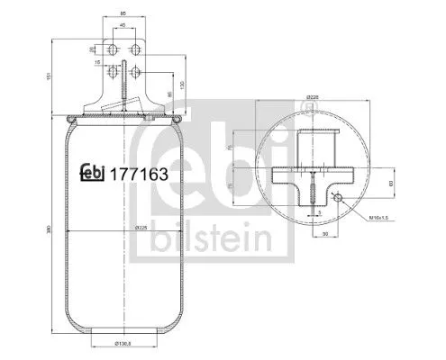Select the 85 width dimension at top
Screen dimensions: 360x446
pyautogui.click(x=123, y=14)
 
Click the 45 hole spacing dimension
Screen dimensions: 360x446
pyautogui.click(x=123, y=26)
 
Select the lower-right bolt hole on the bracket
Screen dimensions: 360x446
pyautogui.click(x=134, y=70)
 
